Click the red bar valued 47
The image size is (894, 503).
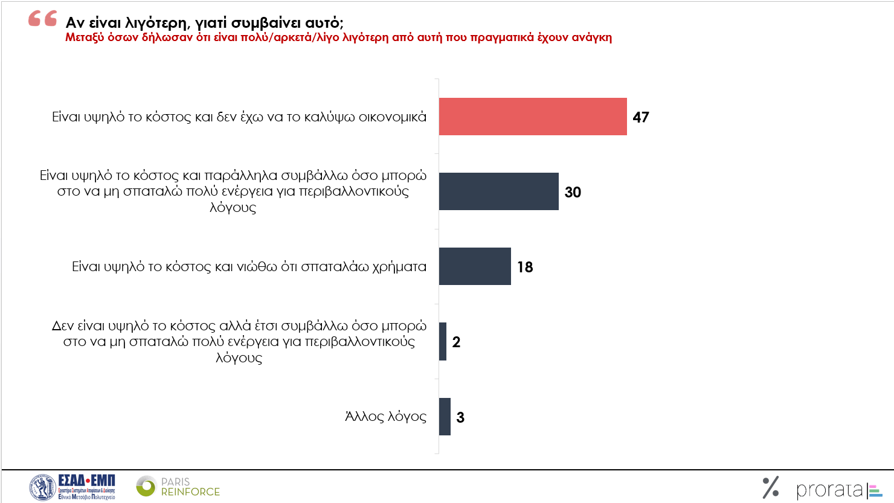click(x=533, y=117)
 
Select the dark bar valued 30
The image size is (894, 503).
click(x=499, y=191)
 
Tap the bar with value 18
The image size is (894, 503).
click(x=475, y=266)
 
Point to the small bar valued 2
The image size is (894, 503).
click(x=443, y=342)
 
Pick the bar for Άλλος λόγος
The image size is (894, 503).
click(x=445, y=417)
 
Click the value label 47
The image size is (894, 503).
click(x=641, y=117)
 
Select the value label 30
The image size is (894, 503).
click(x=573, y=192)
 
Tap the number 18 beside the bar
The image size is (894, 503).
click(x=525, y=267)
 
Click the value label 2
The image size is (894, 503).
click(x=456, y=342)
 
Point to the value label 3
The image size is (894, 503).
click(x=460, y=417)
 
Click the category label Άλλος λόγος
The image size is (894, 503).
click(x=385, y=417)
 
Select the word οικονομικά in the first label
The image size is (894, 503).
click(x=393, y=117)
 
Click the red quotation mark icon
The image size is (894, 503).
click(x=43, y=19)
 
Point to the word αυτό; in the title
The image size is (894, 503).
click(x=324, y=23)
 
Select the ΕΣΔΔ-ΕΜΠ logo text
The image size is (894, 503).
click(x=86, y=481)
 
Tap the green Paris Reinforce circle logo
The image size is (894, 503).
click(x=146, y=486)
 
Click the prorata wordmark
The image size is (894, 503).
click(x=829, y=490)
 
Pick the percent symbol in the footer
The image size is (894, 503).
click(x=771, y=487)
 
